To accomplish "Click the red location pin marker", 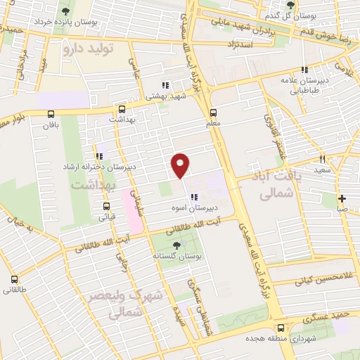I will click(x=181, y=165).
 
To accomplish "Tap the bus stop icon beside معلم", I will click(x=213, y=111).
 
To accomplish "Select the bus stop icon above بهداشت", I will click(x=122, y=110).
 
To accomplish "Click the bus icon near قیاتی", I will click(x=107, y=206).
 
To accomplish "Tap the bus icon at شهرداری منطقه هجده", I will click(x=281, y=327).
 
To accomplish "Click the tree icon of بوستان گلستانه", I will click(x=175, y=246).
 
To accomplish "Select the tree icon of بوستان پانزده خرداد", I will click(x=65, y=11).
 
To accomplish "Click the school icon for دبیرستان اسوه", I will click(x=194, y=197).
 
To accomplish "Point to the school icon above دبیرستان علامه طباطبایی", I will click(x=304, y=70).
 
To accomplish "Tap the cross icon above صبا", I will click(x=342, y=198).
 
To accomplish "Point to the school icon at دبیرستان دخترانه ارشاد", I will click(x=98, y=156).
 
